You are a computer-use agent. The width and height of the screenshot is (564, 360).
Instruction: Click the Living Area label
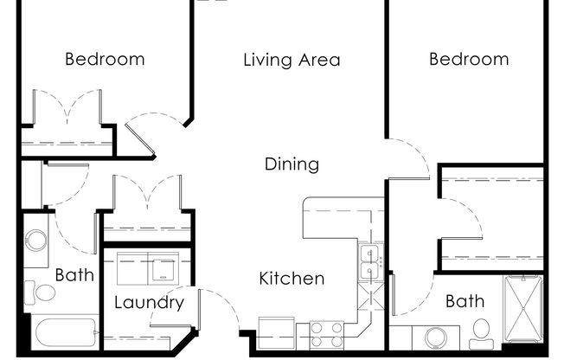coord(292,61)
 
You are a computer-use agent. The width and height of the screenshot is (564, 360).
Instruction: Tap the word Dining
coord(292,164)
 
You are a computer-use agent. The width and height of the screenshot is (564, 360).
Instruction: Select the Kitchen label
coord(292,279)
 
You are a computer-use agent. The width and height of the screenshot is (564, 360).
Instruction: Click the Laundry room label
coord(149,303)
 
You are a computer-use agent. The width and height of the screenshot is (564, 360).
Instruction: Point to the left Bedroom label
coord(105,60)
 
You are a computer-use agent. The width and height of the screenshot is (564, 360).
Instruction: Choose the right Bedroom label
coord(469,60)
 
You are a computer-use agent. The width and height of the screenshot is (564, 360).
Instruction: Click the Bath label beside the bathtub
coord(74,275)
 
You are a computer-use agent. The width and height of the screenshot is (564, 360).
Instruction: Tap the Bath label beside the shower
coord(465,301)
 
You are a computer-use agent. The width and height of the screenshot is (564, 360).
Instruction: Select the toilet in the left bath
coord(40,292)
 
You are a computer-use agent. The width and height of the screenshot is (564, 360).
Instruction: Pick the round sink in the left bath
coord(36,240)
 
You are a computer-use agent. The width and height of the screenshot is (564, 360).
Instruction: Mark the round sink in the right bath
coord(441,337)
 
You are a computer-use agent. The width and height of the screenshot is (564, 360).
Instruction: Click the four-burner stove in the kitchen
coord(327,334)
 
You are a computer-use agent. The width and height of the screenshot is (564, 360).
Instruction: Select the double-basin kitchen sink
coord(371,262)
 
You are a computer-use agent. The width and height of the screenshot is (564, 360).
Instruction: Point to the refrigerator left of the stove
coord(278,333)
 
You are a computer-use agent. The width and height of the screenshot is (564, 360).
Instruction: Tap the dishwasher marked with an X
coord(372,296)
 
